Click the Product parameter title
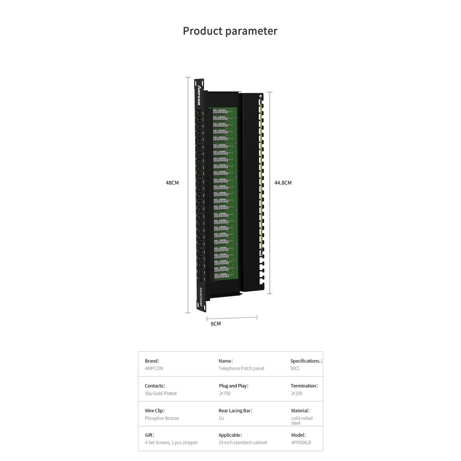(x=230, y=31)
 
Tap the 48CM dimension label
(x=172, y=183)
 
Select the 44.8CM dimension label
(x=283, y=183)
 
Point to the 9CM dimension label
(x=215, y=324)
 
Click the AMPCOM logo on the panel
(x=199, y=95)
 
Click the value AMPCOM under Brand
(x=154, y=369)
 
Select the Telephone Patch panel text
(x=241, y=369)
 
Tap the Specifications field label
(x=306, y=361)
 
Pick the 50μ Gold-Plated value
(x=160, y=394)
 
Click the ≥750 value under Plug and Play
(x=225, y=394)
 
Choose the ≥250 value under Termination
(x=296, y=394)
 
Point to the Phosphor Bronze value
(x=162, y=419)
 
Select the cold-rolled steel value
(x=301, y=420)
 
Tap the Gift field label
(x=149, y=435)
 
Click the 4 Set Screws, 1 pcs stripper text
(x=171, y=443)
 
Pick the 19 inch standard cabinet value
(x=242, y=443)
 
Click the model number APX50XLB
(x=301, y=443)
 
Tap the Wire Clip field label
(x=154, y=411)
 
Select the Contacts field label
(x=154, y=386)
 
